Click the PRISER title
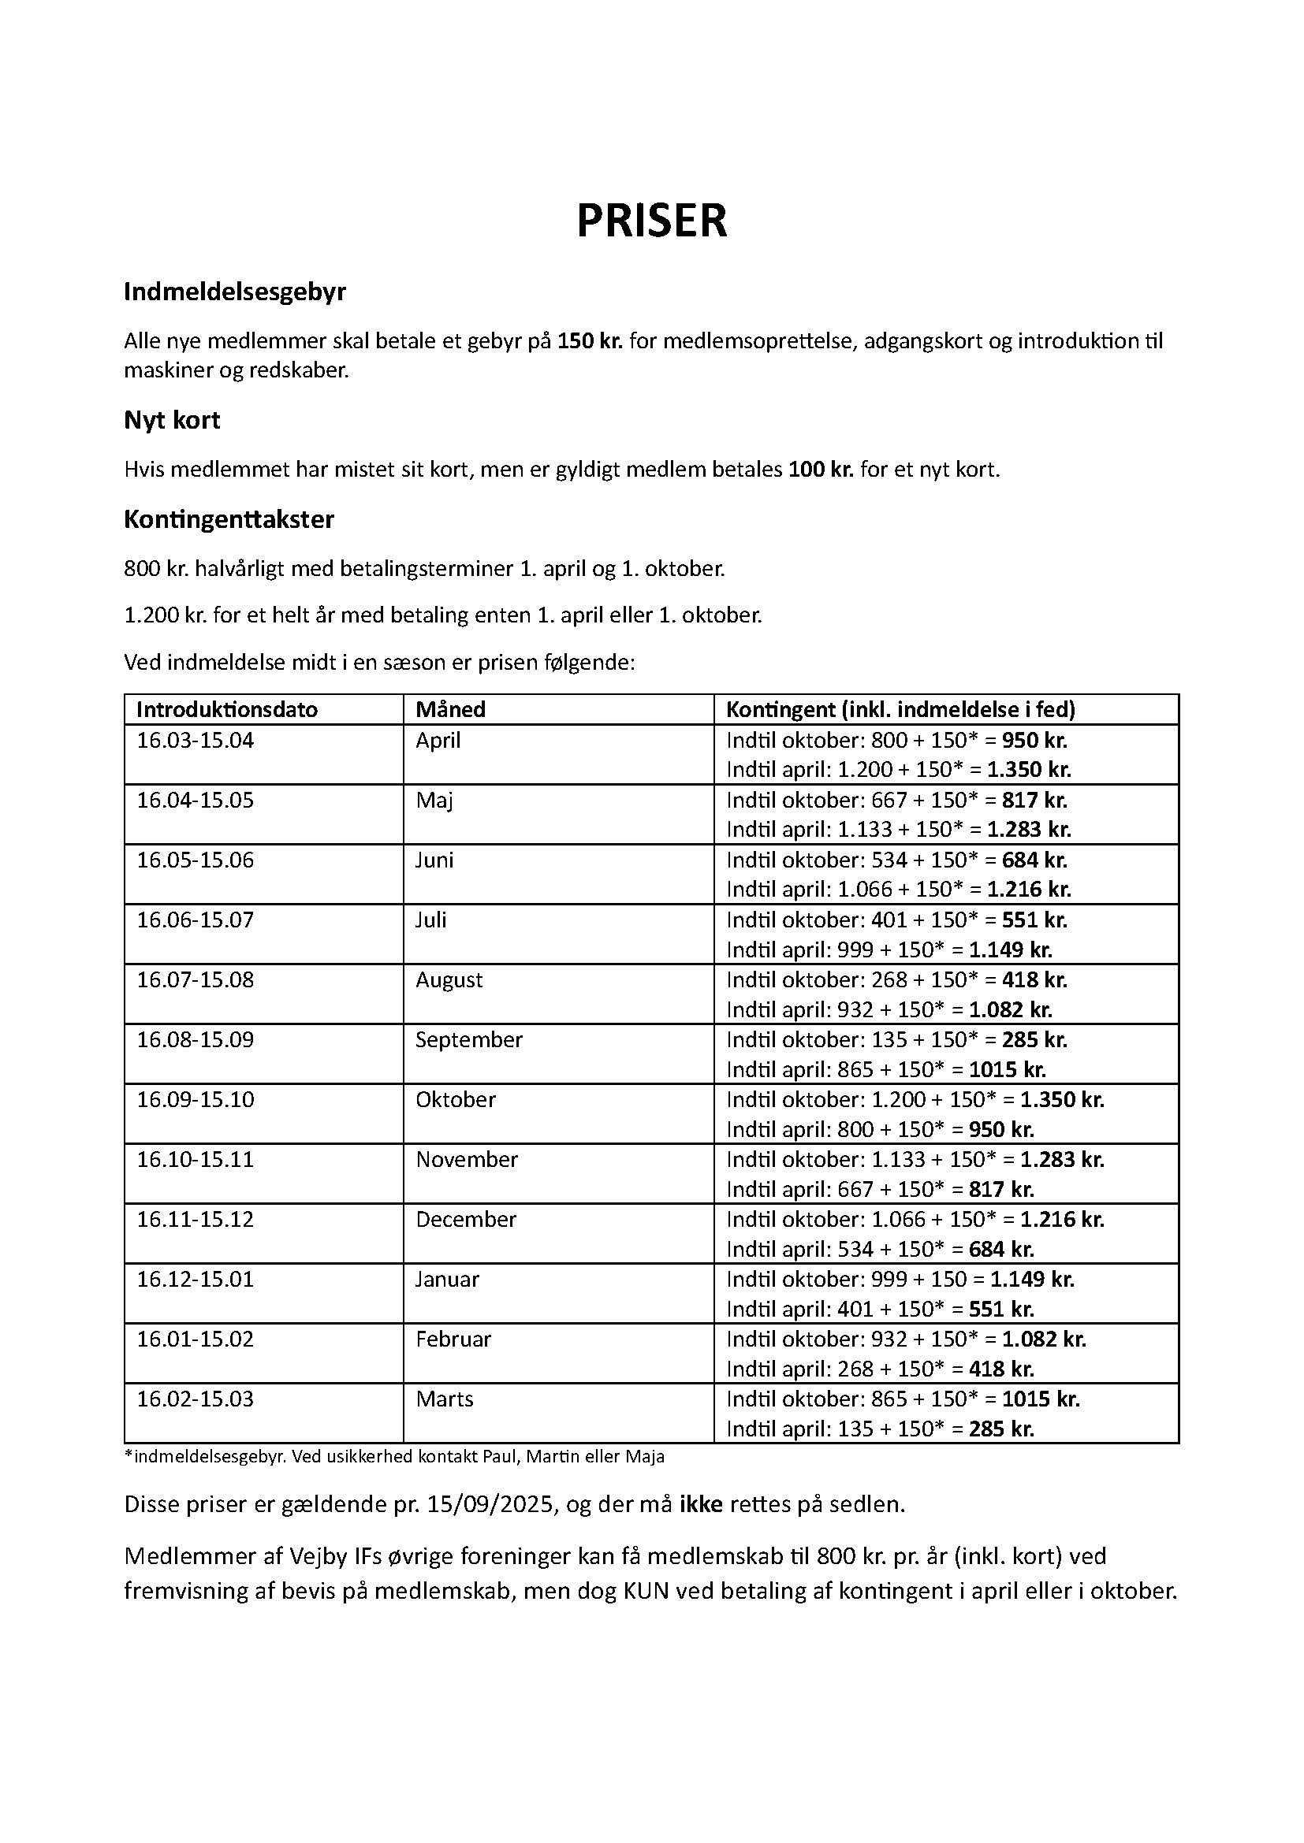(x=651, y=221)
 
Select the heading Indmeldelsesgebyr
(x=234, y=292)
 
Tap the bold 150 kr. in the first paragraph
(x=591, y=341)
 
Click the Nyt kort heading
(x=172, y=420)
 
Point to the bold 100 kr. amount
(x=821, y=470)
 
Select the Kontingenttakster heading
(x=229, y=519)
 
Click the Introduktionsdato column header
(x=227, y=710)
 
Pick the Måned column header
(x=449, y=710)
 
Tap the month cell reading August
(x=449, y=980)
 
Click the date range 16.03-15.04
(x=195, y=740)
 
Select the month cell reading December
(x=466, y=1219)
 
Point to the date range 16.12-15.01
(x=195, y=1279)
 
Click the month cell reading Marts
(x=444, y=1399)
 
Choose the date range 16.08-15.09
(x=195, y=1039)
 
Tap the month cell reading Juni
(x=434, y=860)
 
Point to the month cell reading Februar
(x=453, y=1339)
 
